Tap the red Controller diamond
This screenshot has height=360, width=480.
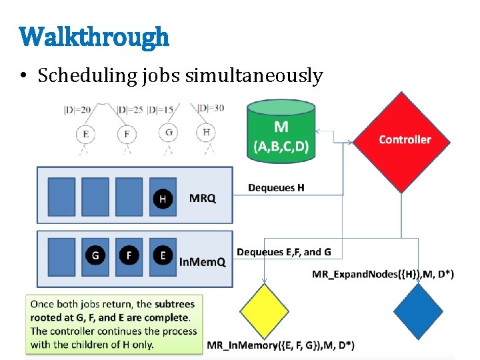point(405,139)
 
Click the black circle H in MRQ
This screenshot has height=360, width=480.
point(163,199)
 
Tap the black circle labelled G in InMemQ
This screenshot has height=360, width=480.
point(95,255)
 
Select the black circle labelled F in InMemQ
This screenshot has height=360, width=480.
point(129,255)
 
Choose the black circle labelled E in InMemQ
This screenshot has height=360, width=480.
point(163,255)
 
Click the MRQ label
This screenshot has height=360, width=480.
point(203,199)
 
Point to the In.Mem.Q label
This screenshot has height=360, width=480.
point(203,262)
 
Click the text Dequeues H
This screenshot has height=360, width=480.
point(275,188)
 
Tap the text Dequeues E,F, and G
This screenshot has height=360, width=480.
point(284,251)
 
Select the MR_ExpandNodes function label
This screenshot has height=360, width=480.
point(383,275)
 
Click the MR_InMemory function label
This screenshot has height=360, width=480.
point(281,345)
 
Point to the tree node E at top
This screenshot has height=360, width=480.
point(85,134)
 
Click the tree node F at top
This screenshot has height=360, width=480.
point(127,134)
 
